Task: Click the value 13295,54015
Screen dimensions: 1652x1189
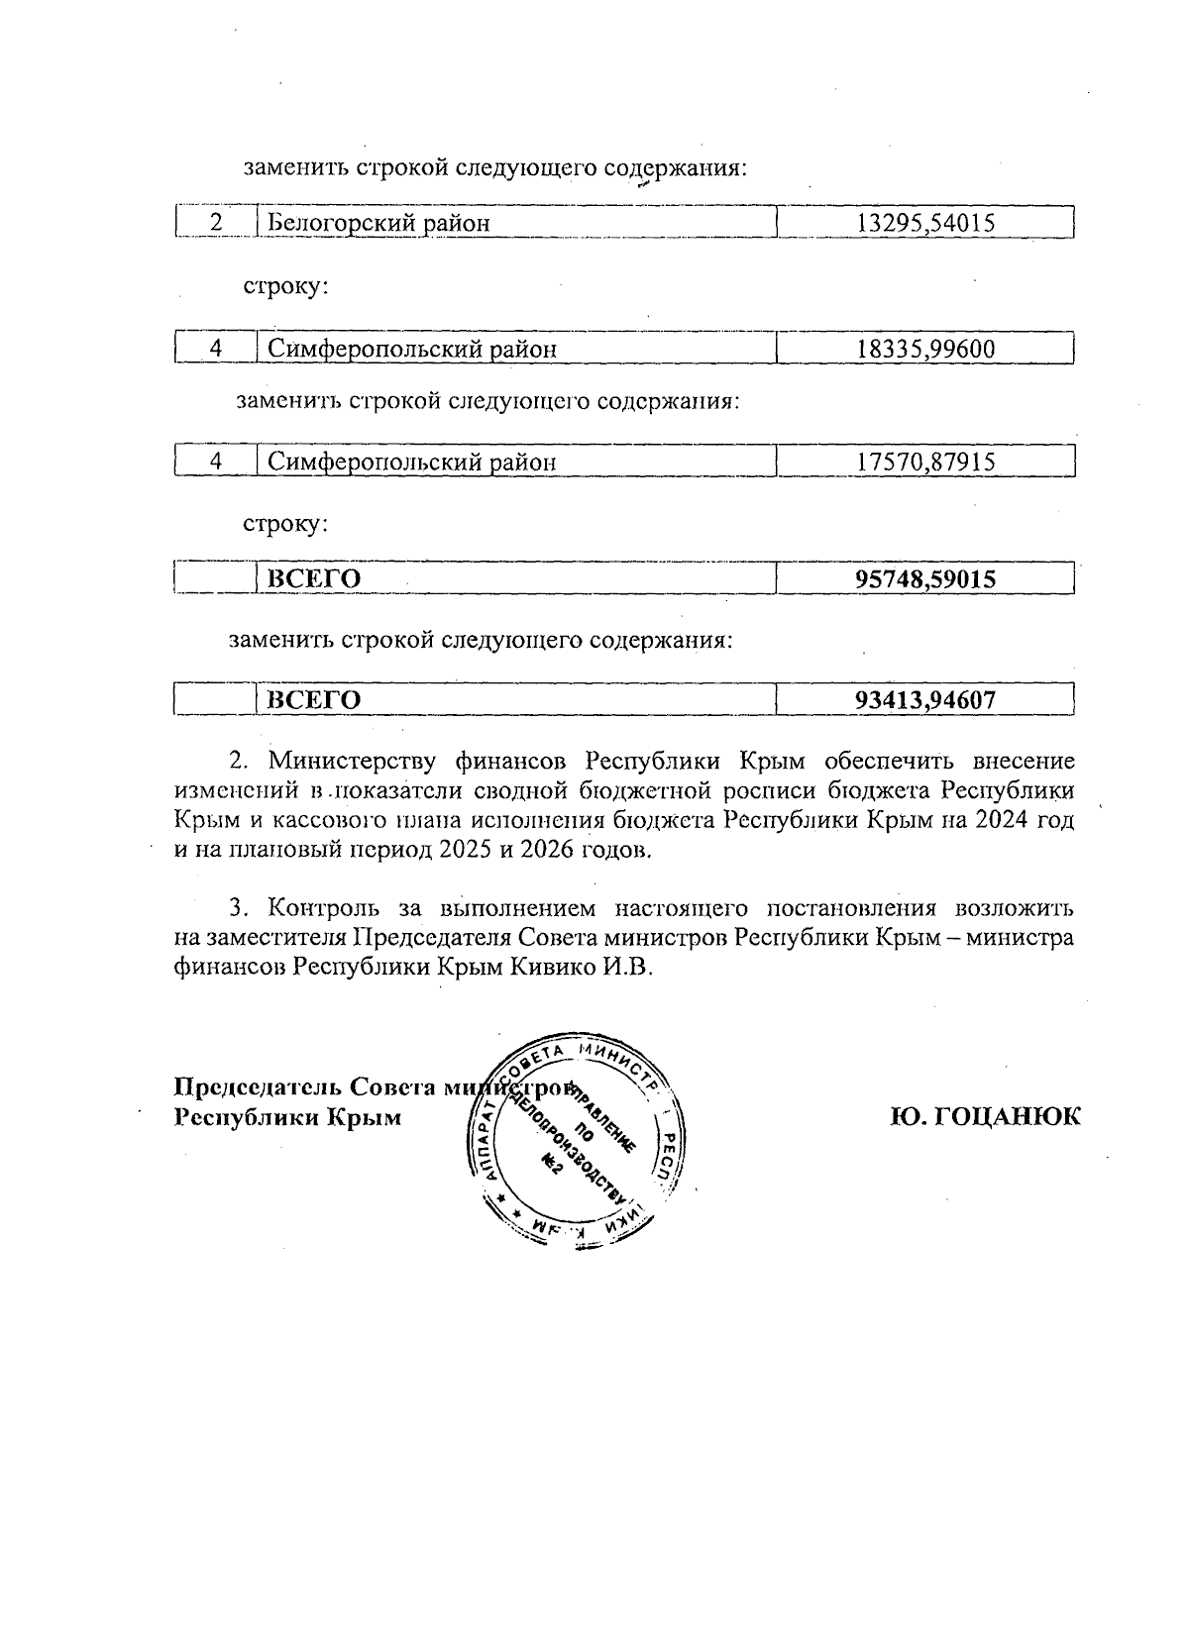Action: (924, 223)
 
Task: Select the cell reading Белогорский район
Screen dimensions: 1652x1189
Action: (378, 223)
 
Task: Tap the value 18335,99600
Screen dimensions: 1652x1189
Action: (924, 349)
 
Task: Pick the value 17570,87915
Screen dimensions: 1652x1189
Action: (924, 463)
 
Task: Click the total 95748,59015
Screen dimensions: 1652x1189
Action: (924, 579)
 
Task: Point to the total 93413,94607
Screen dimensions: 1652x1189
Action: (924, 701)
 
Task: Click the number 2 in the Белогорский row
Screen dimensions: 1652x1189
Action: (216, 223)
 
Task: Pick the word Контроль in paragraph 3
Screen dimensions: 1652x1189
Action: (326, 908)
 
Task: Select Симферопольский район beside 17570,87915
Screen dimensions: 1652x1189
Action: (412, 463)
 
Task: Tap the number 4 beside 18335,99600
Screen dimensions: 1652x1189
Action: (216, 349)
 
